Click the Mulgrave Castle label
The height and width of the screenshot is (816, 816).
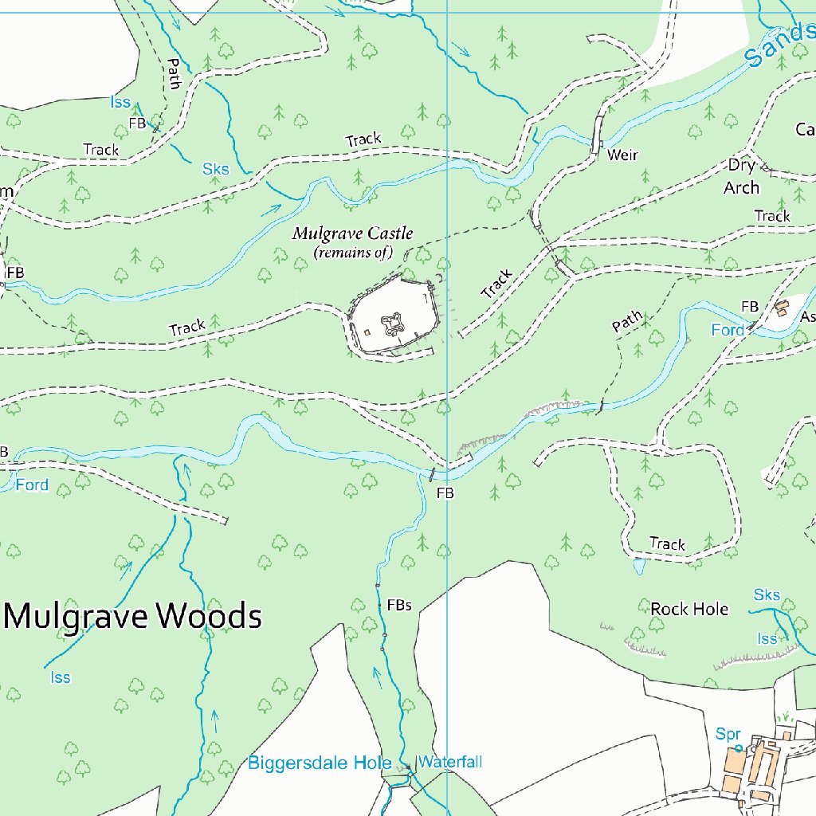click(x=352, y=233)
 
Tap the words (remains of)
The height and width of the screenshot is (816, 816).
click(x=353, y=253)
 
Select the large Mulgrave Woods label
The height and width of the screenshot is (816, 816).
click(x=134, y=616)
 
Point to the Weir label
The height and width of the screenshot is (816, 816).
click(x=622, y=155)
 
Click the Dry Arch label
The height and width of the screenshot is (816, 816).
click(x=741, y=177)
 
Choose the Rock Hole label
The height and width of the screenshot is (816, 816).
click(x=689, y=609)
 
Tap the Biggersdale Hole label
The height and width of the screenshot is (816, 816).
click(x=320, y=763)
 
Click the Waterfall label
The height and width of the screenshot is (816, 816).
click(x=450, y=762)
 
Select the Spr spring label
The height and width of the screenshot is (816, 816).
click(x=728, y=734)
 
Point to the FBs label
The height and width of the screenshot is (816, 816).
click(x=399, y=606)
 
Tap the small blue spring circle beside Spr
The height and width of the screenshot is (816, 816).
click(x=739, y=748)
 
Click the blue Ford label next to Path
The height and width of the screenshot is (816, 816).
click(x=728, y=330)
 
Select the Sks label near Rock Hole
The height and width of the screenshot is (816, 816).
click(x=767, y=595)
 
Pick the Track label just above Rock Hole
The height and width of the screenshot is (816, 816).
click(x=667, y=544)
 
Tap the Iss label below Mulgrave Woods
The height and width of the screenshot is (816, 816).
click(x=61, y=677)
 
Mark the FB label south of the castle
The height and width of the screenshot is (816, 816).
click(x=445, y=493)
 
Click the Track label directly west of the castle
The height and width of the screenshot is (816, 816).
click(x=187, y=327)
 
